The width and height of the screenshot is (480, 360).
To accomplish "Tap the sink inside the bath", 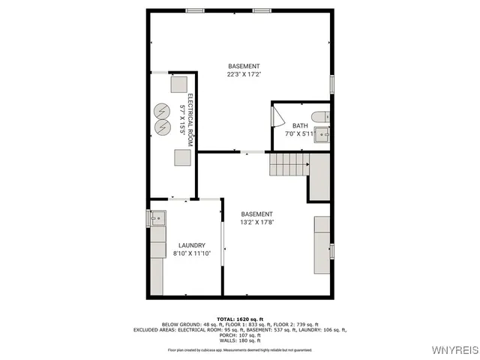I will [x=321, y=134].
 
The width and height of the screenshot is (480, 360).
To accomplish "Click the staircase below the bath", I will [x=289, y=163].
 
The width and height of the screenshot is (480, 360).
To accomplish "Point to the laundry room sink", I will [x=157, y=218].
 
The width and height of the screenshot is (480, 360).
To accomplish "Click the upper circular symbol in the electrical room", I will [x=162, y=111].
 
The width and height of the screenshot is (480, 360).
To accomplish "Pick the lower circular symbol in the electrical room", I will [x=162, y=127].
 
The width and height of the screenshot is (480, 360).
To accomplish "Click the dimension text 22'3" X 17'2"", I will [x=244, y=74].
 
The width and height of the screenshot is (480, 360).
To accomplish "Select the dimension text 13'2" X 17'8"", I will [x=257, y=222].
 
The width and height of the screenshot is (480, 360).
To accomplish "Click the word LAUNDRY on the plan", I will [x=191, y=245].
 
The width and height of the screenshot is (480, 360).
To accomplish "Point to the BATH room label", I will [x=300, y=126].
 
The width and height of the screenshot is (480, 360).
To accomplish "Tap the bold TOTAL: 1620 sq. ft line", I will [x=239, y=319].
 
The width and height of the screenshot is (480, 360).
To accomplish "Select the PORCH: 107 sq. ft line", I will [x=239, y=334].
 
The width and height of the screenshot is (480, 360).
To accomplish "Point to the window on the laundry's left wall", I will [x=148, y=218].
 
